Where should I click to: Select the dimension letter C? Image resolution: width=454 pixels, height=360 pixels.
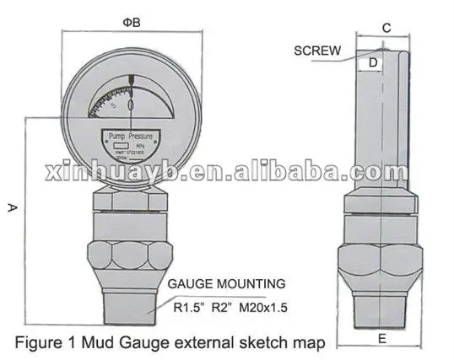pos(386,27)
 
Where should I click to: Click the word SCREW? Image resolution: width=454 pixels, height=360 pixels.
pos(317,51)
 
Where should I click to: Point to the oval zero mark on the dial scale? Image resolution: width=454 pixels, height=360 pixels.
pos(131,105)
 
